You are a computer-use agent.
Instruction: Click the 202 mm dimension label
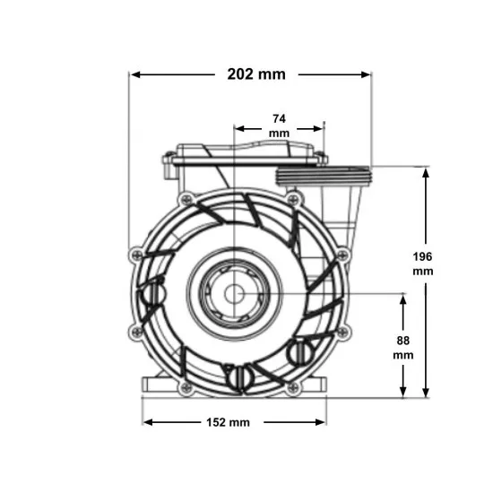(x=256, y=74)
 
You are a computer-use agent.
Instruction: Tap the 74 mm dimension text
(x=279, y=125)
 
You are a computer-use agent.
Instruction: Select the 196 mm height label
(x=422, y=264)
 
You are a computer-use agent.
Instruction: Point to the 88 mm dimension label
(x=403, y=348)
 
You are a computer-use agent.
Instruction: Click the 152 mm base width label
(x=228, y=422)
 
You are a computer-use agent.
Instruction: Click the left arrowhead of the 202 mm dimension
(x=135, y=74)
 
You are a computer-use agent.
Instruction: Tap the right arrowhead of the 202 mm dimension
(x=366, y=74)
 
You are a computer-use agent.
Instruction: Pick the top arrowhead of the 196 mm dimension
(x=426, y=173)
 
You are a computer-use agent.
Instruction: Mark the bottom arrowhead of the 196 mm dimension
(x=426, y=392)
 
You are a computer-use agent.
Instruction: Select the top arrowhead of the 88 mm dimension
(x=403, y=299)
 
